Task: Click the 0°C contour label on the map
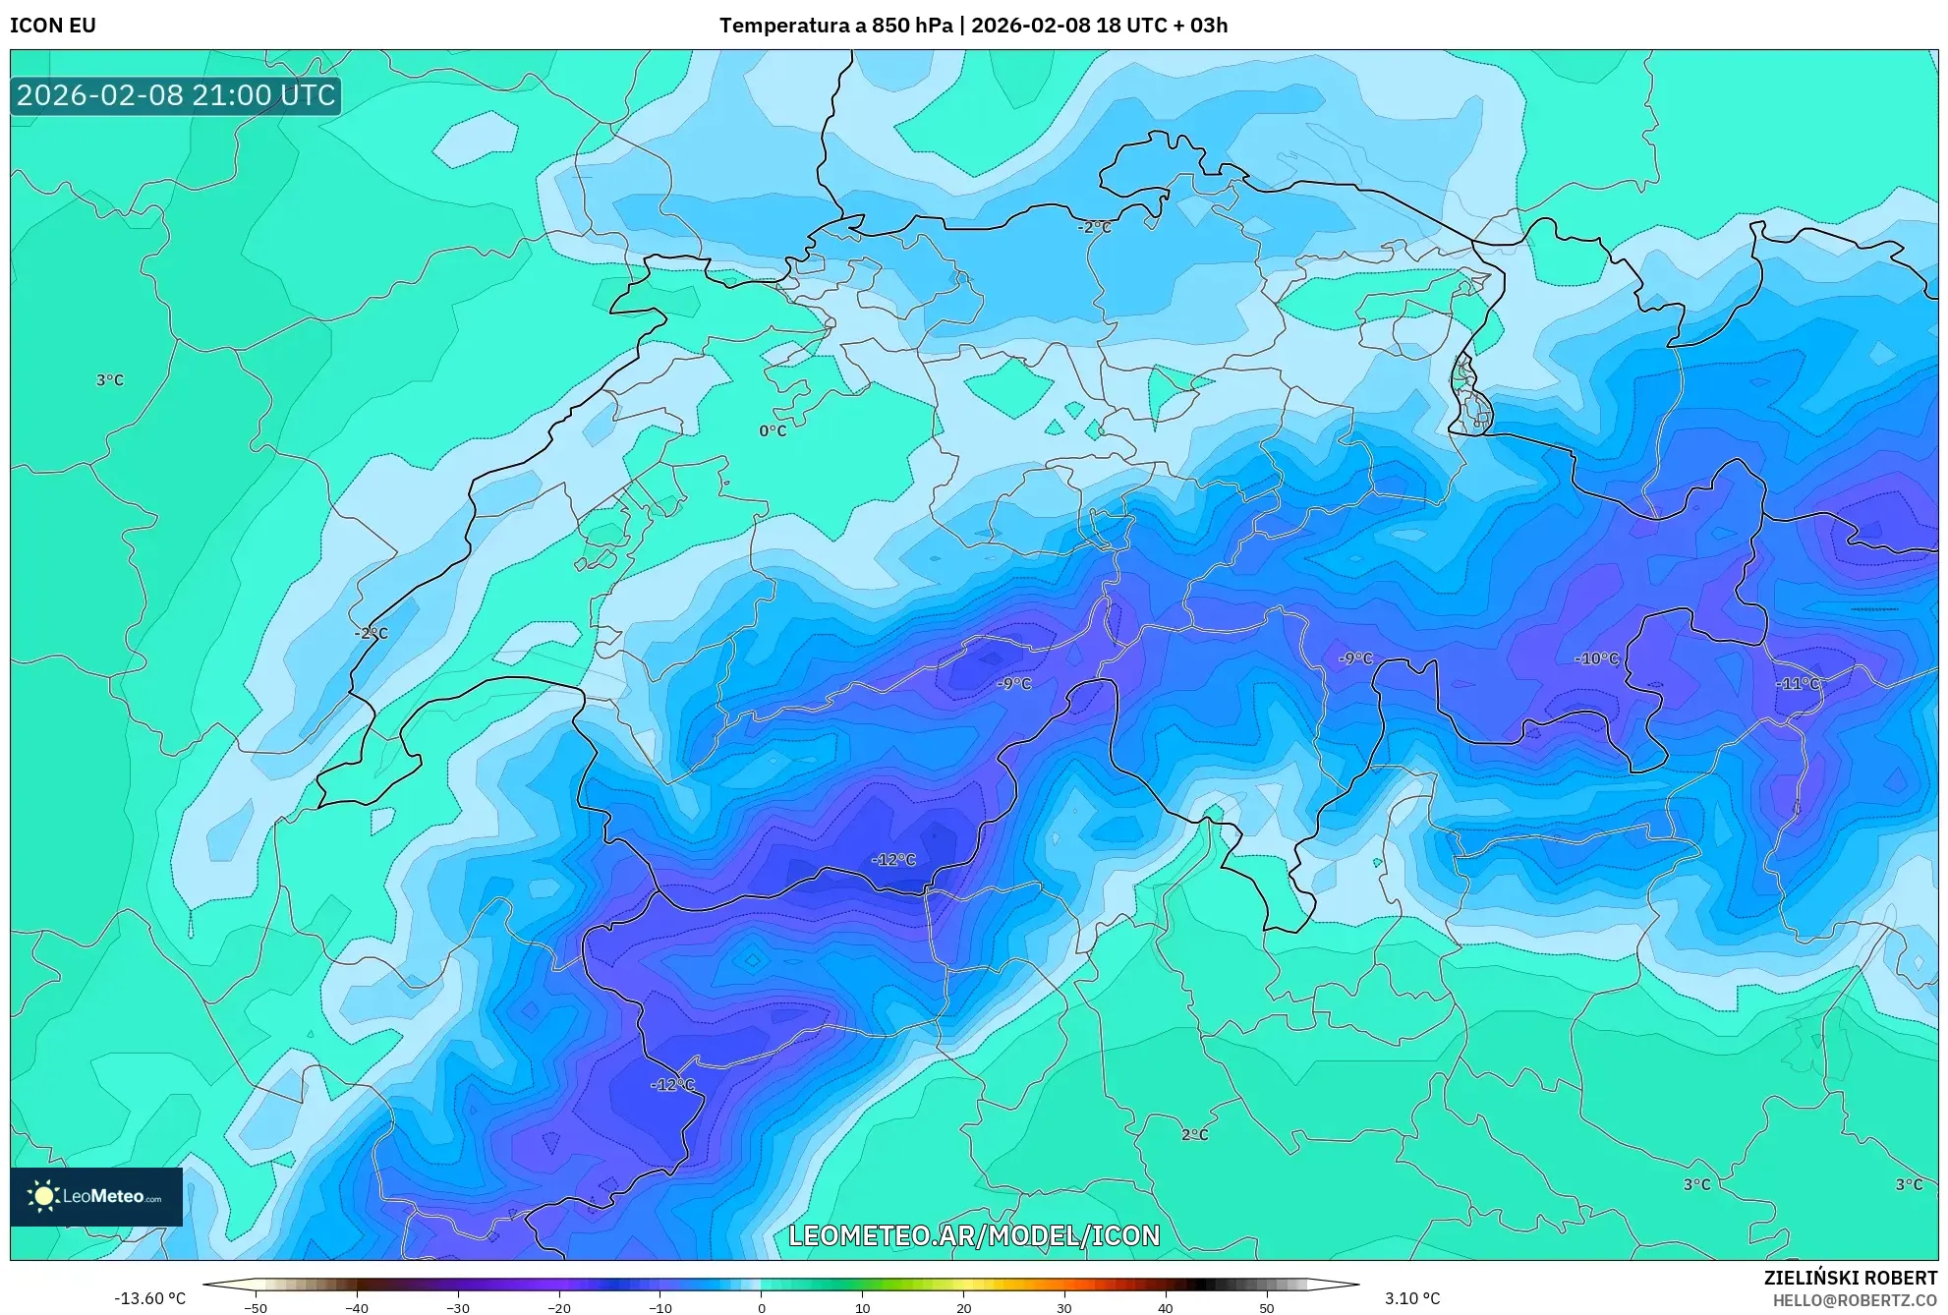[x=773, y=430]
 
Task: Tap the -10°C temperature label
[x=1596, y=658]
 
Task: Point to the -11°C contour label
[x=1798, y=684]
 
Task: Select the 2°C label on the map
[x=1194, y=1135]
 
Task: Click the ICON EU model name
[x=53, y=26]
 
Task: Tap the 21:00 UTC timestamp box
[x=176, y=95]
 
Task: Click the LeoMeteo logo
[x=96, y=1196]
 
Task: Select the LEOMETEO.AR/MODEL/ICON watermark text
[x=974, y=1235]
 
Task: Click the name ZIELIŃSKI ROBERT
[x=1850, y=1278]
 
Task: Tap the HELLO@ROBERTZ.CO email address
[x=1855, y=1300]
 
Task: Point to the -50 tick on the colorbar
[x=255, y=1308]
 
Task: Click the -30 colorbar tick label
[x=458, y=1308]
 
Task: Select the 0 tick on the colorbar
[x=762, y=1308]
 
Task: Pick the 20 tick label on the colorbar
[x=963, y=1308]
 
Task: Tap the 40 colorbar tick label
[x=1166, y=1308]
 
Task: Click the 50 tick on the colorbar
[x=1267, y=1308]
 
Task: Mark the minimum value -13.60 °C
[x=149, y=1298]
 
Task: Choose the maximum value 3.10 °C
[x=1412, y=1298]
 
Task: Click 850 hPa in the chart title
[x=912, y=26]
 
